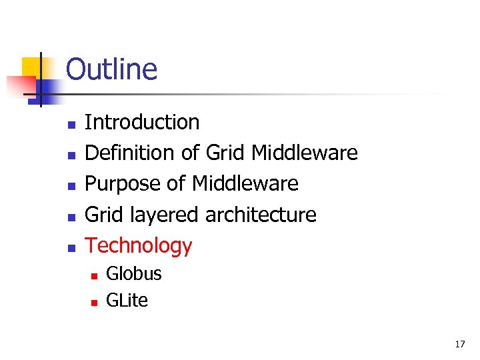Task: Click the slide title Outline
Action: (x=111, y=69)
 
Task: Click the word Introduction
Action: (x=142, y=122)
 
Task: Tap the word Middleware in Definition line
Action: (x=305, y=153)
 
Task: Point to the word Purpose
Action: (x=123, y=184)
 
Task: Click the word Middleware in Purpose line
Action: (x=245, y=184)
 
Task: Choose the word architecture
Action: (x=261, y=215)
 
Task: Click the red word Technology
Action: (x=139, y=246)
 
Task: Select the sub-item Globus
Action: (x=134, y=274)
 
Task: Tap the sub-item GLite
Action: (x=127, y=301)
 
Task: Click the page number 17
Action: (x=459, y=345)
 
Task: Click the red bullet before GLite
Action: (x=94, y=302)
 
